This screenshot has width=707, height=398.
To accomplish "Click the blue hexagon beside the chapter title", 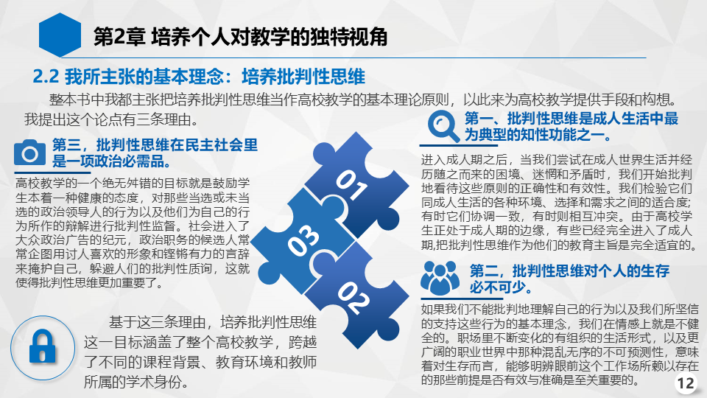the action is coord(60,35).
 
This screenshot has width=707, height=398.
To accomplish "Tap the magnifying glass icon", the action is coord(443,126).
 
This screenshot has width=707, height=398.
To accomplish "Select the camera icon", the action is coord(29,153).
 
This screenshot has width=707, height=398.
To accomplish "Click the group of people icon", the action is coord(440,278).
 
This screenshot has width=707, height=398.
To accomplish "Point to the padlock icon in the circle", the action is coord(43,346).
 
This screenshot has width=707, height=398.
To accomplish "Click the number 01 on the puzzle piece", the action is coord(352,184).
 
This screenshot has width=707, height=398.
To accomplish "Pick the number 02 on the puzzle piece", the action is coord(354,297).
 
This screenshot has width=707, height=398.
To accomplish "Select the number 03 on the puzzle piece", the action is coord(304,240).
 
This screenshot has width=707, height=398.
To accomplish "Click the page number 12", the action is coord(686,383).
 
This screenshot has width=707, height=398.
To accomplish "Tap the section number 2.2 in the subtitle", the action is coord(46,77).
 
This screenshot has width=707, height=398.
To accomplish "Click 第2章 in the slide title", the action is coord(119,37).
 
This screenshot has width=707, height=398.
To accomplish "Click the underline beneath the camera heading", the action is coord(52,172).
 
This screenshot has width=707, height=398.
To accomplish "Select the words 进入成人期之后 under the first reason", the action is coord(463,160).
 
